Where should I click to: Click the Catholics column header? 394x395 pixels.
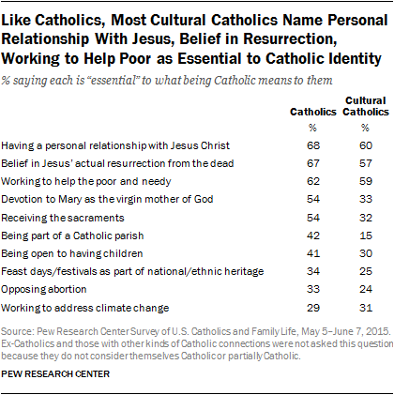click(x=313, y=112)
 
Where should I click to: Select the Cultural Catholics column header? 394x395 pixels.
click(x=366, y=106)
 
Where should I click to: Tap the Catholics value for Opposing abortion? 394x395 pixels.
click(x=313, y=289)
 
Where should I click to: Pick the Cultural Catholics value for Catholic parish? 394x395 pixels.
click(x=366, y=235)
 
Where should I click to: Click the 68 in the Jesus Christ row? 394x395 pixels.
click(x=313, y=145)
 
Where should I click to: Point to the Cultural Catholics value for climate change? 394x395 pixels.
click(x=366, y=308)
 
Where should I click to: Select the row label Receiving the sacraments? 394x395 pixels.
click(x=63, y=218)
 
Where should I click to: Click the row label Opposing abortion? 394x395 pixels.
click(x=44, y=290)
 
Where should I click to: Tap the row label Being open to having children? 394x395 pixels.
click(x=72, y=253)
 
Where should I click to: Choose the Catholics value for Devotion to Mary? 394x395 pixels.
click(x=313, y=199)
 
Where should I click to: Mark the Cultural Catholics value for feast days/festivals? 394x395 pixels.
click(x=366, y=271)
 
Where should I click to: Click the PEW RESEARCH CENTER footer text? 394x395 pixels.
click(x=55, y=374)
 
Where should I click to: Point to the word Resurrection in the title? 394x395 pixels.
click(x=288, y=39)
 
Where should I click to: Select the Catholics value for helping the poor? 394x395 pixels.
click(x=313, y=181)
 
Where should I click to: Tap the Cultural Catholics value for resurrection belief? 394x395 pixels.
click(x=366, y=163)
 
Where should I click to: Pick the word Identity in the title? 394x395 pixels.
click(x=353, y=59)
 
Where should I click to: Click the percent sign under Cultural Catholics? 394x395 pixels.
click(x=365, y=128)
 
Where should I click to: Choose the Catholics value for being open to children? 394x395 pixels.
click(x=313, y=253)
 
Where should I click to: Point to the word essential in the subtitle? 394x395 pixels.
click(x=113, y=81)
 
